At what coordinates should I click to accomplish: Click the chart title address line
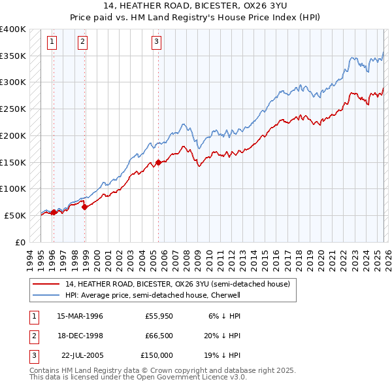click(x=196, y=5)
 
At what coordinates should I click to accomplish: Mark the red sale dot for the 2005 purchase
click(x=158, y=163)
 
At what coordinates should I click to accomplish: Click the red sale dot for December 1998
click(x=84, y=207)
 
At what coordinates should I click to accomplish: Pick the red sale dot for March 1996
click(x=54, y=212)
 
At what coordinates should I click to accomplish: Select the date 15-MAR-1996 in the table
click(x=80, y=316)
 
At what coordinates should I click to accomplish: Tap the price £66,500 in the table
click(x=159, y=336)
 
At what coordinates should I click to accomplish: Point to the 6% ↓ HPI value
click(x=225, y=316)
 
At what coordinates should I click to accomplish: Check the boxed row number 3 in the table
click(x=33, y=355)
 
